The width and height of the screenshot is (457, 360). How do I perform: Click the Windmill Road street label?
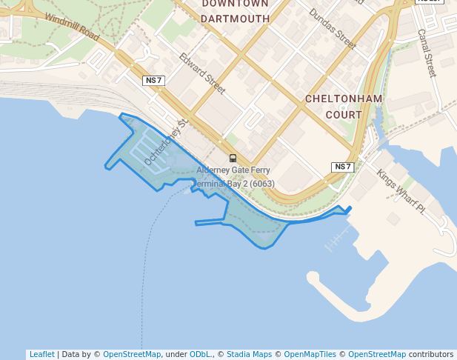tap(71, 26)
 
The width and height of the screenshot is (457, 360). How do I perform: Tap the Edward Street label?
tap(202, 73)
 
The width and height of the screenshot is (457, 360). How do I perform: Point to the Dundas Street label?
tap(333, 28)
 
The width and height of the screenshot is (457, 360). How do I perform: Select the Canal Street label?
tap(427, 53)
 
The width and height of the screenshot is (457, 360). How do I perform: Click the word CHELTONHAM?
tap(344, 99)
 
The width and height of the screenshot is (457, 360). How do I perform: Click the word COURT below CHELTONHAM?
tap(344, 115)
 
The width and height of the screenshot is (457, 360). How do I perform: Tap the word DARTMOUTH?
tap(235, 19)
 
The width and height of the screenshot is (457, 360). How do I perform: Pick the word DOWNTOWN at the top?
tap(235, 4)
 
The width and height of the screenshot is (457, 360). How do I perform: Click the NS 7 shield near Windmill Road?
tap(153, 80)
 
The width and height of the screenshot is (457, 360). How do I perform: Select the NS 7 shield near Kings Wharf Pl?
tap(342, 167)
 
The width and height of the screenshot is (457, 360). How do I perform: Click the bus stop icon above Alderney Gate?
tap(233, 158)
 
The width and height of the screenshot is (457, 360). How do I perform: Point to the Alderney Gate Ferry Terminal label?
tap(233, 177)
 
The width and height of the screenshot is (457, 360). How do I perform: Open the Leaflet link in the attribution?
tap(41, 354)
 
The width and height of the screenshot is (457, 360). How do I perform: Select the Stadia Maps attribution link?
tap(249, 354)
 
